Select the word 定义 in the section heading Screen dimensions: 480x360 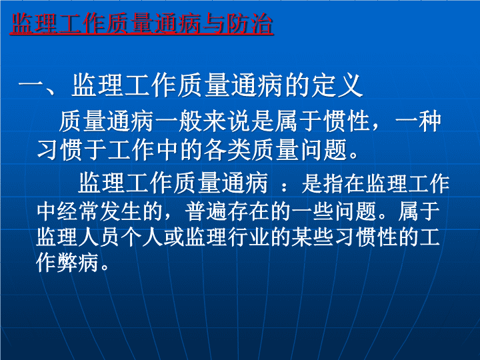tap(337, 86)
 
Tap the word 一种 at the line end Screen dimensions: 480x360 tap(418, 121)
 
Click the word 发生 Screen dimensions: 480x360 tap(120, 211)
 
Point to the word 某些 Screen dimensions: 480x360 tap(311, 237)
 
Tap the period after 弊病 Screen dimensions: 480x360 tap(105, 267)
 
